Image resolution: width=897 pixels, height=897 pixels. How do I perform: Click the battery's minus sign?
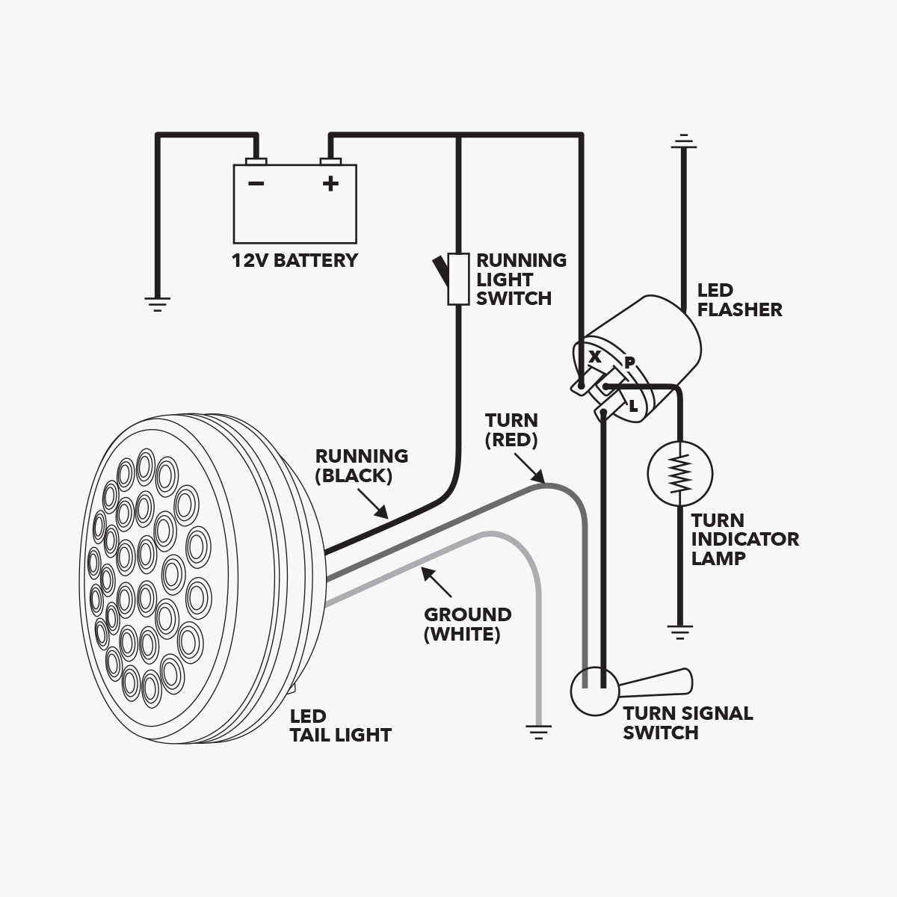tap(256, 183)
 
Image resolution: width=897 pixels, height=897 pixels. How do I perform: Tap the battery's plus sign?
tap(330, 183)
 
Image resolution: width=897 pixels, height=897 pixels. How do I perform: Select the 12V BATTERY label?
tap(295, 260)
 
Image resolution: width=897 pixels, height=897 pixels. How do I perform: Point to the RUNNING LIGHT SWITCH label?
tap(521, 280)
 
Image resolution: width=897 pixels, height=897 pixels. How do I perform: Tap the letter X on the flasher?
tap(594, 357)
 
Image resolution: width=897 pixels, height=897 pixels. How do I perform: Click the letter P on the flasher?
tap(629, 362)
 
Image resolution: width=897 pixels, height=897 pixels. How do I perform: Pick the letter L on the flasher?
tap(633, 407)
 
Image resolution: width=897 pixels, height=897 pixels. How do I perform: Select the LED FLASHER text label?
tap(739, 300)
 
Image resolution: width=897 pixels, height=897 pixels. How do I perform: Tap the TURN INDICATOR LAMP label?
tap(745, 539)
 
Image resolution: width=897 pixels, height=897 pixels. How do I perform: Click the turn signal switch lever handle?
tap(656, 683)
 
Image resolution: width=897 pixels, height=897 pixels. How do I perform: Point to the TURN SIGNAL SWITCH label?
tap(688, 723)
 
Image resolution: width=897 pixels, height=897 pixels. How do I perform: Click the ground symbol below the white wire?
tap(538, 733)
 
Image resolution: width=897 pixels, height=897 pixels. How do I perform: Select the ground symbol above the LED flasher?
tap(683, 141)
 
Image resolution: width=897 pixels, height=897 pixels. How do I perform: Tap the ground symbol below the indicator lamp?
tap(679, 632)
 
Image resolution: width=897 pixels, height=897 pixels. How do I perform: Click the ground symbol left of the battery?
tap(157, 304)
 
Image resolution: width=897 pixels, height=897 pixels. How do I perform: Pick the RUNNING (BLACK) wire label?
tap(362, 466)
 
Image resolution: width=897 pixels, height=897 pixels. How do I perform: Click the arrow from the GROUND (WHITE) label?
tap(437, 582)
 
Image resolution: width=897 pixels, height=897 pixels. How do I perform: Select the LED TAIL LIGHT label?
tap(340, 726)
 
